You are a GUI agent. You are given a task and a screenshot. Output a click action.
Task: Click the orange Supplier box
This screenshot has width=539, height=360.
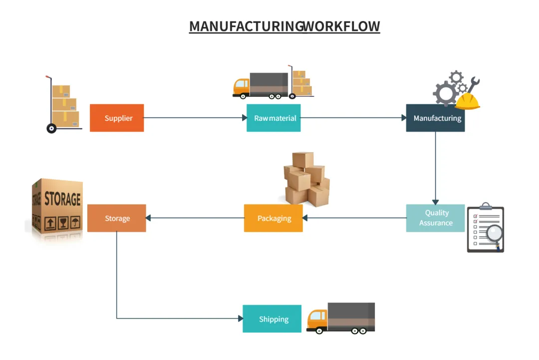click(x=117, y=118)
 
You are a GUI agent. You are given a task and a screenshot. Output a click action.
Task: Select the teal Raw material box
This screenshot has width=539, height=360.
click(x=273, y=118)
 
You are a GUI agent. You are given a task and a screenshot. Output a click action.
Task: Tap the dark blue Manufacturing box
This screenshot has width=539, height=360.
click(x=435, y=118)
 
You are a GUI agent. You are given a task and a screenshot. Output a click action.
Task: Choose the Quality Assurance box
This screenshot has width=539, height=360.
click(x=435, y=218)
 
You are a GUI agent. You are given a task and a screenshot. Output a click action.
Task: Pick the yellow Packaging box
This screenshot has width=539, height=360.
click(x=273, y=218)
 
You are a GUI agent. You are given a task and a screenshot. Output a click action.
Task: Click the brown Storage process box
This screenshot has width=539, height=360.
click(x=117, y=218)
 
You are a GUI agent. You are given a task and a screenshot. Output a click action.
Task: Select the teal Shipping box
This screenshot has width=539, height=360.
click(x=272, y=319)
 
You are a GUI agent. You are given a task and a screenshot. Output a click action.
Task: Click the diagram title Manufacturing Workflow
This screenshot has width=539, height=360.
click(x=284, y=26)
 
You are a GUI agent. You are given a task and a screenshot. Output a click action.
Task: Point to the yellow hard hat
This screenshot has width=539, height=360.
click(x=468, y=101)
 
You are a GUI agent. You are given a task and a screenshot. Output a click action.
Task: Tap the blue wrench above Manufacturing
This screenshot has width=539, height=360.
click(x=472, y=85)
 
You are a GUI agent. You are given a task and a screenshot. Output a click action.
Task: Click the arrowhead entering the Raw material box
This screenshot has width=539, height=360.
click(x=245, y=118)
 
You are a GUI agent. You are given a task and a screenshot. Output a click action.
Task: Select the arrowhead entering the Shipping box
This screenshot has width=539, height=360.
click(x=240, y=319)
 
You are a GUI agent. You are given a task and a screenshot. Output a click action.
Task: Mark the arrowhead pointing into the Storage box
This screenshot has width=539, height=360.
click(x=149, y=218)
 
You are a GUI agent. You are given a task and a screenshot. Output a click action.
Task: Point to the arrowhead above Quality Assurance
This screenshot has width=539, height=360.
click(x=435, y=201)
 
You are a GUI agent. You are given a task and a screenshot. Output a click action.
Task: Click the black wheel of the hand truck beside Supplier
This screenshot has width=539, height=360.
click(x=51, y=128)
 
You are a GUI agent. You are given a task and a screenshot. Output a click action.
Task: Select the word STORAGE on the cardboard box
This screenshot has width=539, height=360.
click(x=62, y=198)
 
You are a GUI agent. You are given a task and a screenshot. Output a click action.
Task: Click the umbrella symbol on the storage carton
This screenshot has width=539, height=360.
click(x=75, y=222)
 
